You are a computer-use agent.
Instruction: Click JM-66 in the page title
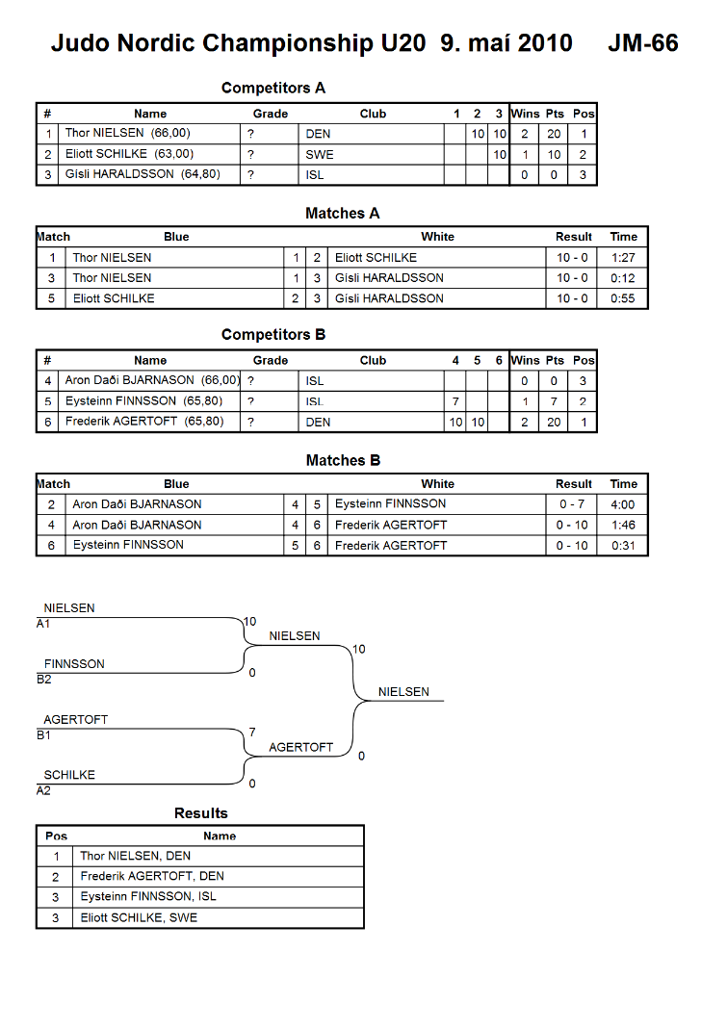643,43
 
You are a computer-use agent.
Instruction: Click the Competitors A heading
273,88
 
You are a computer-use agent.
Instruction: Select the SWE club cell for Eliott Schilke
320,155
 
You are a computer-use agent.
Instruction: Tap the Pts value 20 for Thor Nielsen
554,134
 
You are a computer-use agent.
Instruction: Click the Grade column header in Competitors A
271,114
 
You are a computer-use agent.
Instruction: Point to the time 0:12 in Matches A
623,278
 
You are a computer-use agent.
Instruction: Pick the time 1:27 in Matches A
623,258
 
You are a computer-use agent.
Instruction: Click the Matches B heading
343,461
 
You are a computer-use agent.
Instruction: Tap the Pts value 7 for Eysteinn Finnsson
554,401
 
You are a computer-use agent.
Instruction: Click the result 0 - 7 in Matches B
572,504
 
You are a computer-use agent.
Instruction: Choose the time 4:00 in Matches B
623,504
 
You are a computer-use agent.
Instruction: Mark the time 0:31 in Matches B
623,546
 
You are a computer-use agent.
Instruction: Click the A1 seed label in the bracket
43,624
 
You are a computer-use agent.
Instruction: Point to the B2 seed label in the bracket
44,680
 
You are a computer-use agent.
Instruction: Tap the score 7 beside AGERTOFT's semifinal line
252,733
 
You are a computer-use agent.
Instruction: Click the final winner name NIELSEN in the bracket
403,692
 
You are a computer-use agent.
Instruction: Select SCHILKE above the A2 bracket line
69,775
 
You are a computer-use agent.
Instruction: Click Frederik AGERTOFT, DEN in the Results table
152,876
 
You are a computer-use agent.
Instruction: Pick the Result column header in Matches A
573,237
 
